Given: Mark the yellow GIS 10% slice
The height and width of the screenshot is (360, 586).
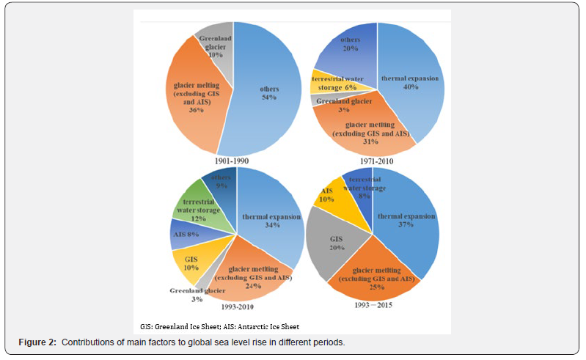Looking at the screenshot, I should (x=191, y=260).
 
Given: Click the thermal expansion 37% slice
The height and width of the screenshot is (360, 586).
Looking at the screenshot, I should (x=407, y=220).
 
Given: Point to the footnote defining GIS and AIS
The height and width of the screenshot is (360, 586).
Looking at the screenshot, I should (x=219, y=326).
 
